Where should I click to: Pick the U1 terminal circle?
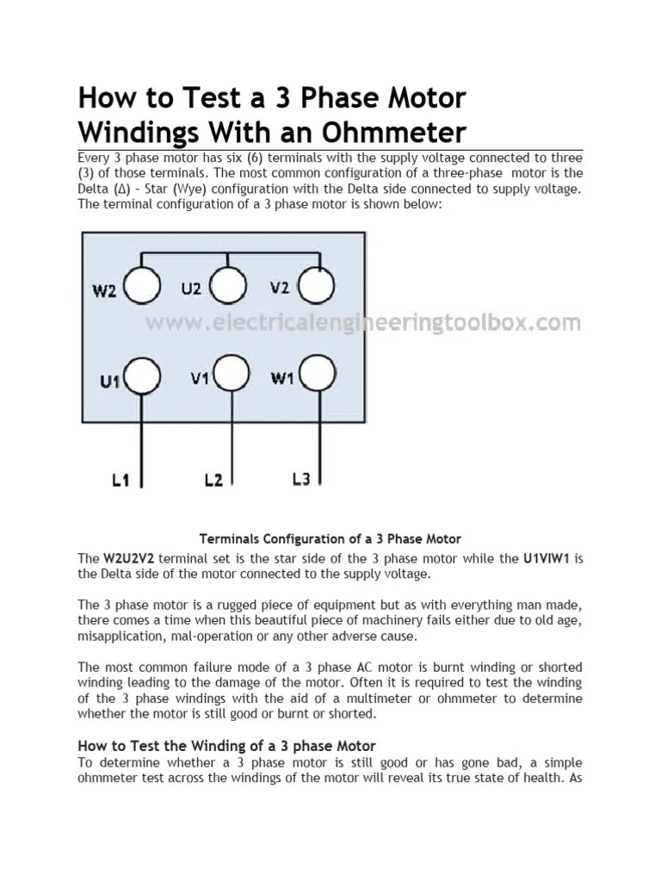pos(143,376)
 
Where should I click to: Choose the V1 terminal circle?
pos(232,376)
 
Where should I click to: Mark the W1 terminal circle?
pos(316,376)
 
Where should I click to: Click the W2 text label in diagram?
pos(104,290)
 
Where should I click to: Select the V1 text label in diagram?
pos(199,379)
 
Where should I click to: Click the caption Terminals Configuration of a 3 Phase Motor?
pos(330,539)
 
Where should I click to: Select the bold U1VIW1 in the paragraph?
pos(547,558)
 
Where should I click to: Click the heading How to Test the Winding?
pos(226,745)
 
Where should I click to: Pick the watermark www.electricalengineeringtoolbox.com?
pos(362,324)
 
